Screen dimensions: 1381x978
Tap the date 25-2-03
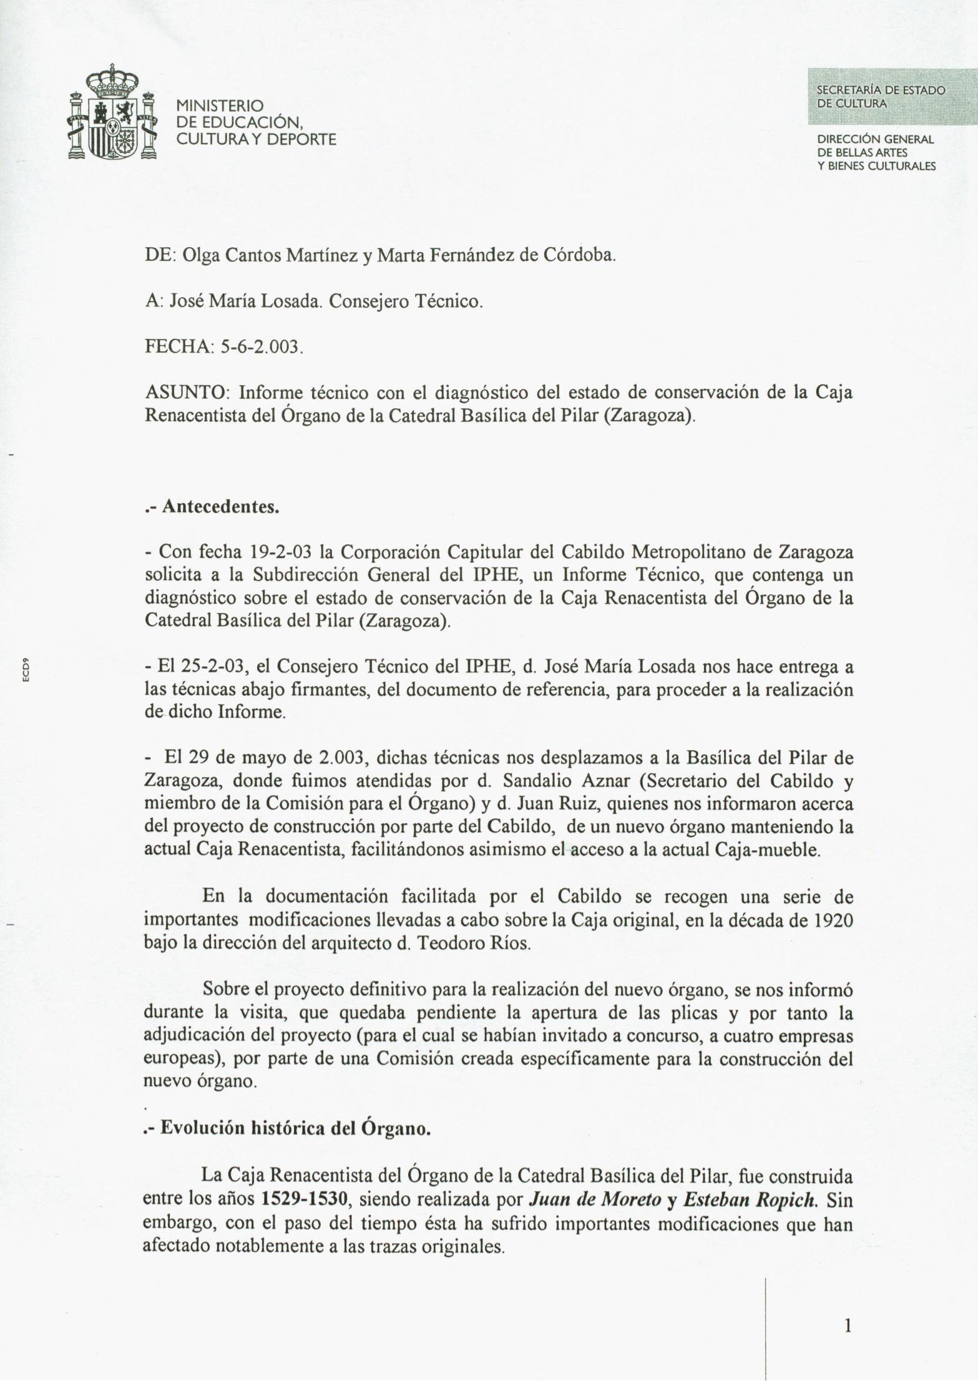click(212, 666)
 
